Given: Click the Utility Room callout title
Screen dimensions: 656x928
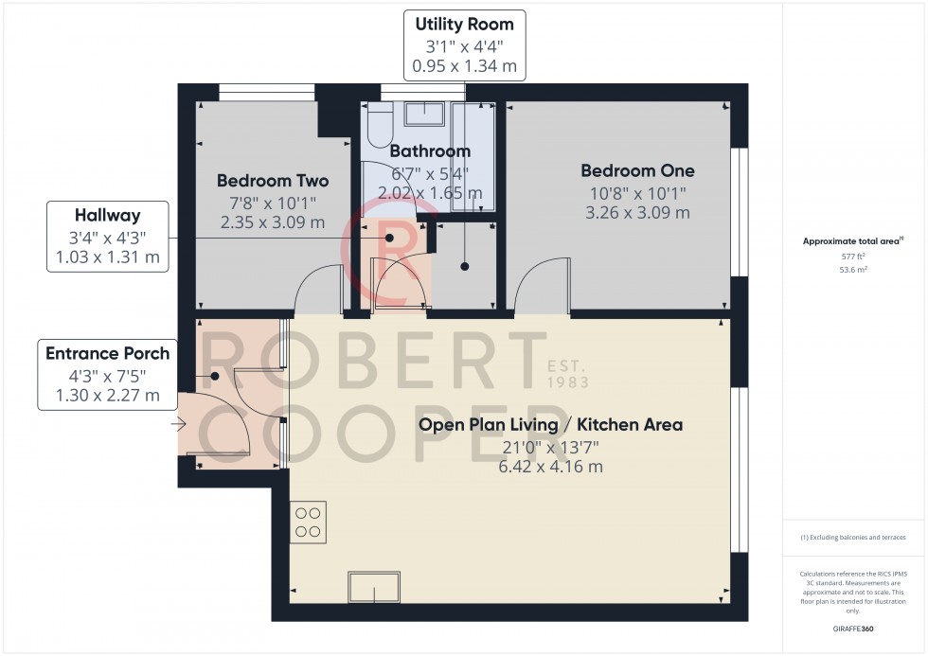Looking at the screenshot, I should [x=464, y=25].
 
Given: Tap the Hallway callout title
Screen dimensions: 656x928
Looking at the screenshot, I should [x=108, y=216].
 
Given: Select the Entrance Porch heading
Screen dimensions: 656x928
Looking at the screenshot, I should [x=108, y=353].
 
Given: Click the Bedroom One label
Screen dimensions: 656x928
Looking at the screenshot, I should [x=637, y=171].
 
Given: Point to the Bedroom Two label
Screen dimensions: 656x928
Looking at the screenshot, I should [x=273, y=181].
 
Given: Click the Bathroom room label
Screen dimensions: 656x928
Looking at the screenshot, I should [x=430, y=151].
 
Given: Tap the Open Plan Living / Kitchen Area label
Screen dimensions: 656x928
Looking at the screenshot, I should [x=550, y=425].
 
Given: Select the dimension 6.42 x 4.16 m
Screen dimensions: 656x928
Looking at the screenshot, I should [x=550, y=467].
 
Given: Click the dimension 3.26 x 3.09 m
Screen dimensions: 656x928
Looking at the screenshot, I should [x=637, y=213].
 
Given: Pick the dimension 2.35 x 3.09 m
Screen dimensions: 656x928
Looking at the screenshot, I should [x=273, y=222].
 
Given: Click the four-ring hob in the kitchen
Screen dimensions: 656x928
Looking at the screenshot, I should [x=309, y=522].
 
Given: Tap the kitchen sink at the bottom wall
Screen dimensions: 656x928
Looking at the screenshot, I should [x=373, y=587].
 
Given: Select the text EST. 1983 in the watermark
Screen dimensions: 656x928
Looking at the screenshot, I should [x=567, y=374].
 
